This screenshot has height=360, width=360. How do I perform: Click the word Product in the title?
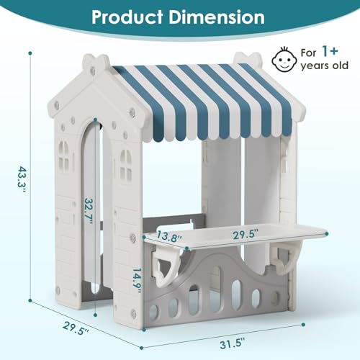tap(127, 17)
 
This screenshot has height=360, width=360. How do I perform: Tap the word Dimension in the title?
tap(217, 17)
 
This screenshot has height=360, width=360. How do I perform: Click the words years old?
tap(325, 66)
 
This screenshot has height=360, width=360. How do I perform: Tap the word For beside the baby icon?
tap(309, 53)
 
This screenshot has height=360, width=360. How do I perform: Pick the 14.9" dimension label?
tap(137, 280)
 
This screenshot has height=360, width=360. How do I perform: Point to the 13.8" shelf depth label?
tap(168, 237)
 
